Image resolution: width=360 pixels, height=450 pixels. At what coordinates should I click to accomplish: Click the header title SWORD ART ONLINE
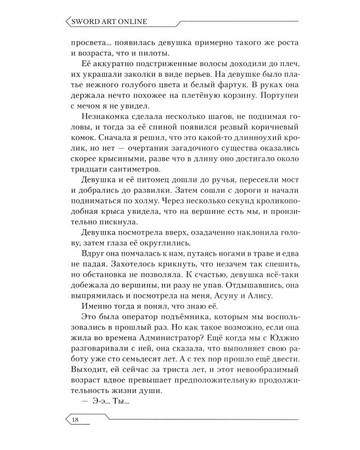[x=106, y=24]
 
